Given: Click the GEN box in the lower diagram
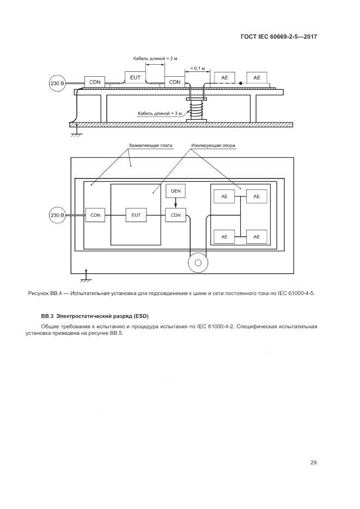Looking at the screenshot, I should tap(175, 192).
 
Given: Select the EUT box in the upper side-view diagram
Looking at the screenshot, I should tap(135, 78).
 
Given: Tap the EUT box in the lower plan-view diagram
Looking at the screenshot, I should tap(136, 216).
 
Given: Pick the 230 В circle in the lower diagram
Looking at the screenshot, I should tap(57, 216).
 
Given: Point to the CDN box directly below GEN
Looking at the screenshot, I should tap(175, 216).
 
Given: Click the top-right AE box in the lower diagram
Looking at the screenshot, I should tap(257, 196).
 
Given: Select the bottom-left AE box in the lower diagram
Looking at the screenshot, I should tap(224, 237).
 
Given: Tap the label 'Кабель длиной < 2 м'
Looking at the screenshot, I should tap(155, 58).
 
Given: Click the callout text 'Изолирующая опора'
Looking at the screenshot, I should tap(213, 146).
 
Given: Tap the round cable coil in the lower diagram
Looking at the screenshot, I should tap(197, 264).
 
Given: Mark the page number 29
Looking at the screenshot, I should tap(313, 463).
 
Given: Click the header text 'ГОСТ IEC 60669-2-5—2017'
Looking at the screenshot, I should tap(278, 36).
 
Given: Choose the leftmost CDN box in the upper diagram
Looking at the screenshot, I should tap(95, 82).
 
